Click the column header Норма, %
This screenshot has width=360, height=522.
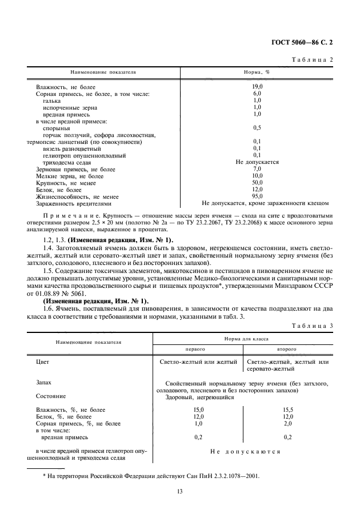[257, 74]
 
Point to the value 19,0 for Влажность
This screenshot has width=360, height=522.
[257, 86]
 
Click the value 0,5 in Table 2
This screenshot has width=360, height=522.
[257, 127]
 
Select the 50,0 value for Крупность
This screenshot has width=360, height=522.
[257, 182]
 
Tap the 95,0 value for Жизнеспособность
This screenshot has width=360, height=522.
[257, 196]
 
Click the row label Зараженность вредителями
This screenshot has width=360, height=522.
[74, 203]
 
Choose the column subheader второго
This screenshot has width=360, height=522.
[287, 348]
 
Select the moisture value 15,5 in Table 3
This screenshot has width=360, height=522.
[287, 410]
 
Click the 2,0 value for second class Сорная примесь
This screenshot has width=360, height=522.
[287, 424]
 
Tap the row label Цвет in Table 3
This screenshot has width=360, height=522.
[43, 362]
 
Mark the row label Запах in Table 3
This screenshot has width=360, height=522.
[45, 383]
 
